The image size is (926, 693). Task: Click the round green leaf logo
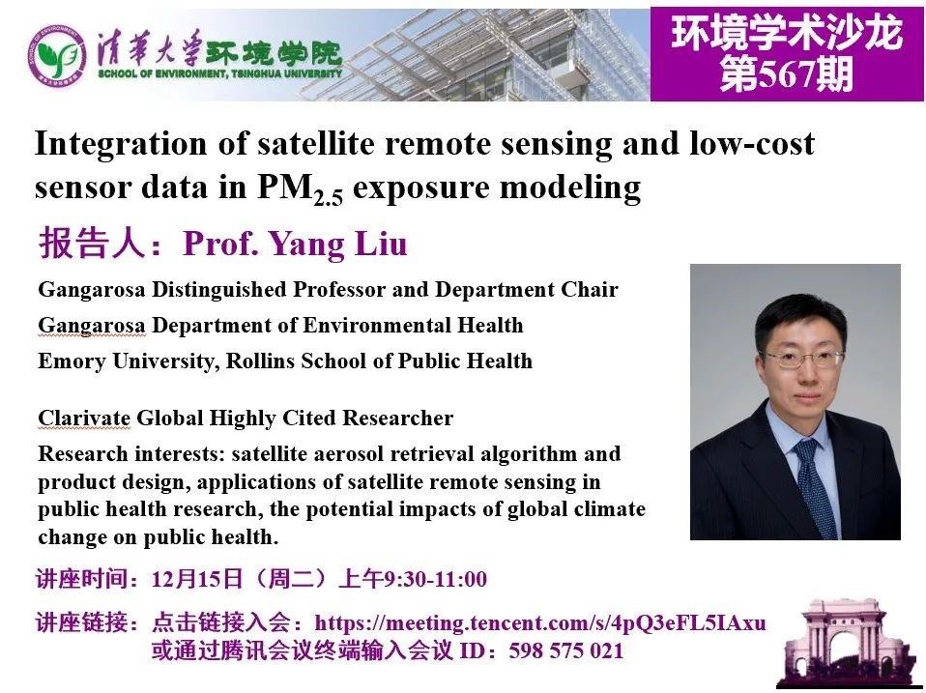pyautogui.click(x=57, y=55)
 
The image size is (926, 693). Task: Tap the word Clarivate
pyautogui.click(x=84, y=418)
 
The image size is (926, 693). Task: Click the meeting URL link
pyautogui.click(x=539, y=622)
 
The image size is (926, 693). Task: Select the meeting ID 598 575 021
pyautogui.click(x=565, y=650)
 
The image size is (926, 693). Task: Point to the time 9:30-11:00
pyautogui.click(x=435, y=579)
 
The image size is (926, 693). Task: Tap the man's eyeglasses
pyautogui.click(x=803, y=359)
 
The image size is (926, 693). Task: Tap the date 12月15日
pyautogui.click(x=197, y=579)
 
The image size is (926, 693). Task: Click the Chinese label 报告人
pyautogui.click(x=92, y=244)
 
